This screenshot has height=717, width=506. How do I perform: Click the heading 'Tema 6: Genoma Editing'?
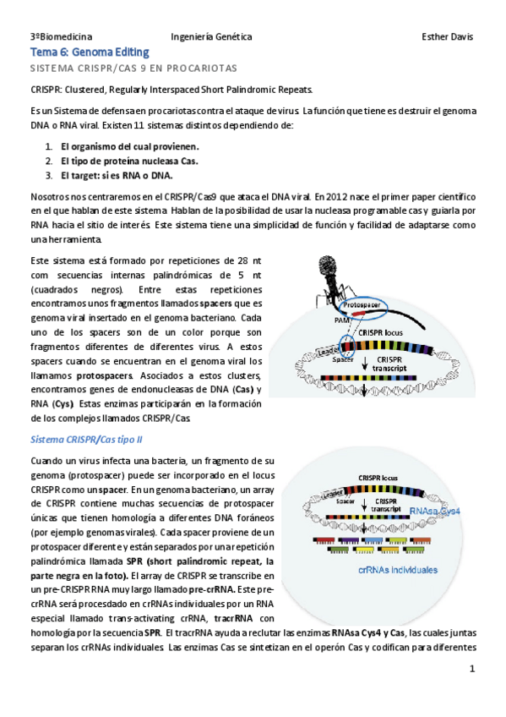90,52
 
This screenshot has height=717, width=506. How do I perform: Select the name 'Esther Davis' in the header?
447,37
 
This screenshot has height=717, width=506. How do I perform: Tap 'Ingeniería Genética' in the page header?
211,37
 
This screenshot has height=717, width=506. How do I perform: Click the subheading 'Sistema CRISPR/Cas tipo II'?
86,440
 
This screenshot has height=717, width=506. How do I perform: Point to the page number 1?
473,669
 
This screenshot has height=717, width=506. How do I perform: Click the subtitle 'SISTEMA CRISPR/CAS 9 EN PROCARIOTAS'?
133,67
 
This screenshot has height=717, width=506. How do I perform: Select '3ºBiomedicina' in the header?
62,37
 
